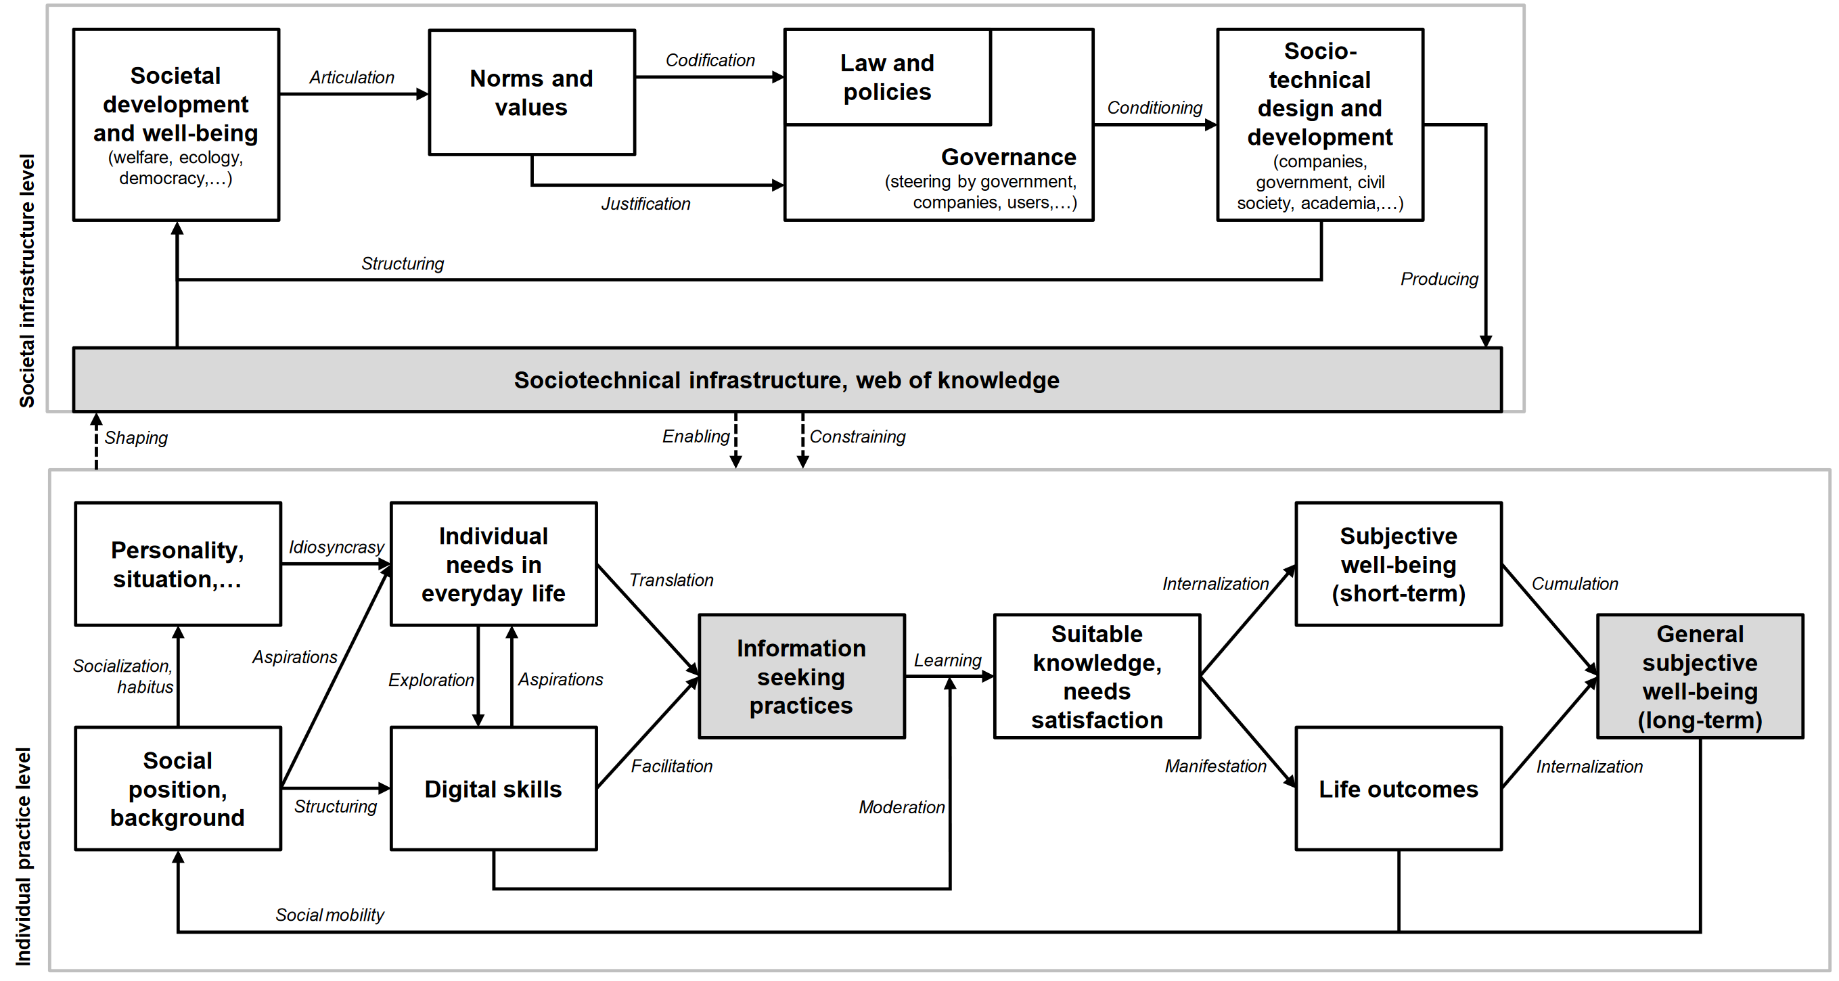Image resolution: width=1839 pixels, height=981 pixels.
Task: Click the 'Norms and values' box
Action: click(x=531, y=92)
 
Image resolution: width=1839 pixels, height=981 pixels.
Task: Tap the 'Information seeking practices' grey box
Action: click(x=801, y=676)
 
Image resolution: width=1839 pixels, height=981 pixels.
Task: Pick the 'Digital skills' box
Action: click(x=493, y=789)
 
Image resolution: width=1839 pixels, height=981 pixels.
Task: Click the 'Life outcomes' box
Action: click(x=1398, y=789)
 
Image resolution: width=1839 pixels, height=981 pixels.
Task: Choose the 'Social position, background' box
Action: click(x=178, y=789)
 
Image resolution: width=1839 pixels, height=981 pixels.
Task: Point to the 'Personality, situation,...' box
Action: click(x=178, y=564)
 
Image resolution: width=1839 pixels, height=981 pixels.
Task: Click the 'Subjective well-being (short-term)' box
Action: click(x=1398, y=564)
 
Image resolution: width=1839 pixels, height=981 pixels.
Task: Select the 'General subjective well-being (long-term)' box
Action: click(x=1699, y=676)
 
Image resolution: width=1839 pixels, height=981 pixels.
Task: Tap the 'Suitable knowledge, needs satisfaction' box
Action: click(x=1097, y=676)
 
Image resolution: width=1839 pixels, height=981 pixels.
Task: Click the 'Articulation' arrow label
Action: click(x=351, y=77)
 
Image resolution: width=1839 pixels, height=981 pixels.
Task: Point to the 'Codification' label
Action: click(x=710, y=60)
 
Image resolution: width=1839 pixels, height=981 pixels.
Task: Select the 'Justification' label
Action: click(x=645, y=204)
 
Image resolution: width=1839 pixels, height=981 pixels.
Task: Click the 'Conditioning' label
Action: click(x=1154, y=108)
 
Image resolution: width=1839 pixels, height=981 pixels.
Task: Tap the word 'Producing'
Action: click(x=1438, y=279)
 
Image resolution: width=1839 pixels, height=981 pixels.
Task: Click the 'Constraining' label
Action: click(x=857, y=436)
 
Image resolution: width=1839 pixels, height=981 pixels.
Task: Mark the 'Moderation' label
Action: click(x=901, y=807)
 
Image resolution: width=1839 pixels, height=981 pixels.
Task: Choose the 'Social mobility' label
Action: click(x=329, y=915)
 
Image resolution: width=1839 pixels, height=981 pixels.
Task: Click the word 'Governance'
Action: click(x=1008, y=157)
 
